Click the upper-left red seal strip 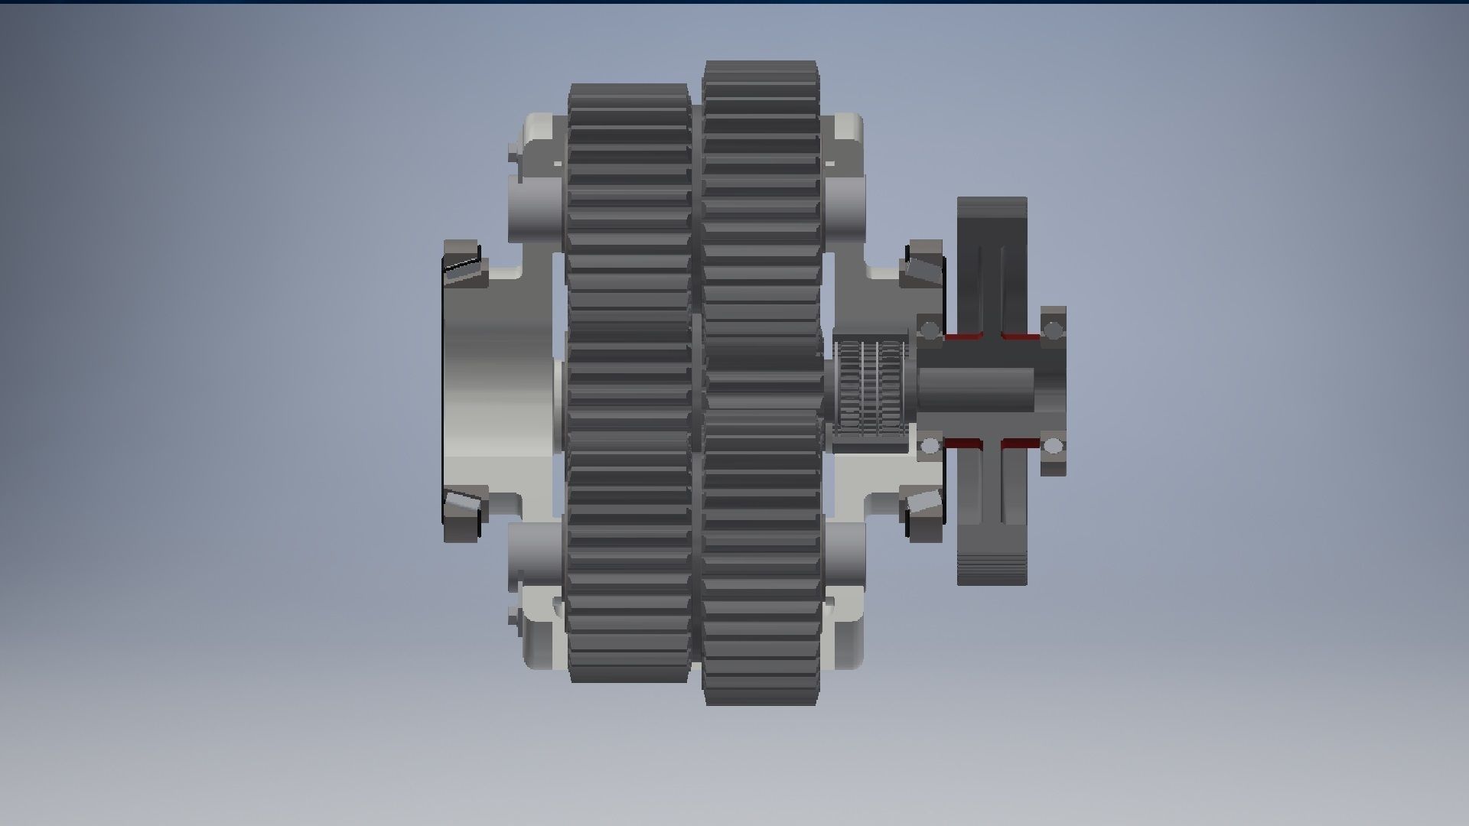[963, 336]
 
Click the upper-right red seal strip [1021, 336]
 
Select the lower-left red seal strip [963, 443]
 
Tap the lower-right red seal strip [1021, 443]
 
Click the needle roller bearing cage [870, 389]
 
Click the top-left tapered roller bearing [463, 264]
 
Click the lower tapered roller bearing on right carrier [923, 514]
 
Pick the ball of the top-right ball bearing [1054, 330]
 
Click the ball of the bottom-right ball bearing [1054, 446]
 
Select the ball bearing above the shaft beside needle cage [930, 331]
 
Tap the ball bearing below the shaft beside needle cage [930, 446]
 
